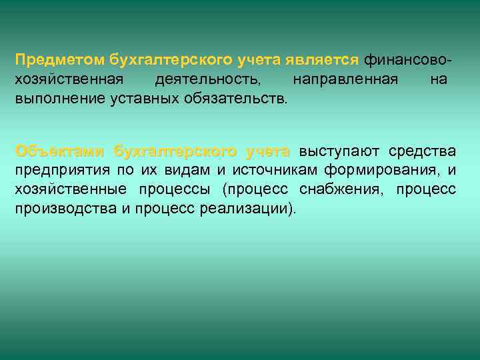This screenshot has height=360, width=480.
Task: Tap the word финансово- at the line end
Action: [x=409, y=61]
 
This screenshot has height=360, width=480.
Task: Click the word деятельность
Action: [x=207, y=80]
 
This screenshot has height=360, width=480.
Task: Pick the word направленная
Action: [x=345, y=80]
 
